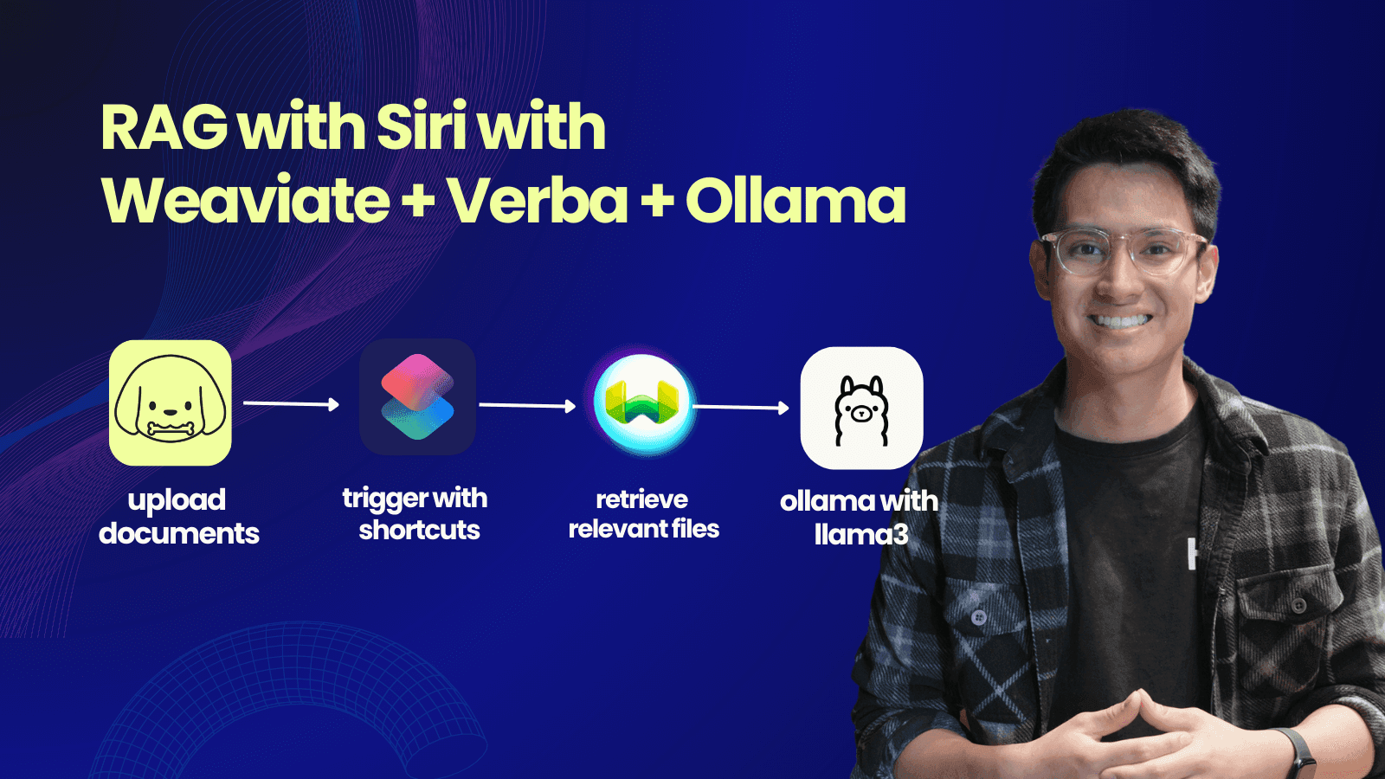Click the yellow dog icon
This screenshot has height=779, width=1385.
[170, 402]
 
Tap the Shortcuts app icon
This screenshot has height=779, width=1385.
[417, 397]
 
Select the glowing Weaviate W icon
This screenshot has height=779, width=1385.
[642, 403]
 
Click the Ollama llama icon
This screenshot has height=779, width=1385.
[861, 408]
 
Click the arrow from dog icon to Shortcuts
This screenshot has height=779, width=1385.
[291, 403]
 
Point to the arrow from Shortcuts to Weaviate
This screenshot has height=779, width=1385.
[527, 405]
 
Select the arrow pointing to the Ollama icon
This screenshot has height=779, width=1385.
[741, 407]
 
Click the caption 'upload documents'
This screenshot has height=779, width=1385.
[178, 517]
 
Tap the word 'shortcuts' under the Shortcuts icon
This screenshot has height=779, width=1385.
[419, 530]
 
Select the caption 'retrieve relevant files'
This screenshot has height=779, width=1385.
[644, 514]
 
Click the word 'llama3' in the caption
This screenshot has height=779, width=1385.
[860, 534]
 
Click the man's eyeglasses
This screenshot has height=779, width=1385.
[1124, 250]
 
